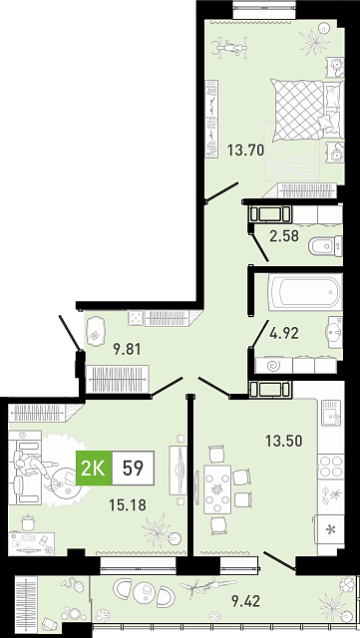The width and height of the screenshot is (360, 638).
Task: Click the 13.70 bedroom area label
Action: (245, 151)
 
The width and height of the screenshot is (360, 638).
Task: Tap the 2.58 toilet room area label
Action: (284, 235)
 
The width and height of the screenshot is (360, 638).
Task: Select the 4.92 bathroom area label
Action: (284, 333)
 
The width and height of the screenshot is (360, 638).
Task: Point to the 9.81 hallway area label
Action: (127, 349)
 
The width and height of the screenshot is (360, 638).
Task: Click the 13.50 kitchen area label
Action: (284, 441)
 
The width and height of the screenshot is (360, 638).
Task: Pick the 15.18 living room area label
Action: (128, 505)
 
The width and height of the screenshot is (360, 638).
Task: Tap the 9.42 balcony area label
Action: (245, 600)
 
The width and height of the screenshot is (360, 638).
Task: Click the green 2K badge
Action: (94, 468)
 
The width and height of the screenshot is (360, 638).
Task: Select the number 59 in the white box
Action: (134, 468)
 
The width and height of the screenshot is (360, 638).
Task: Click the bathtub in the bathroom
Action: (305, 292)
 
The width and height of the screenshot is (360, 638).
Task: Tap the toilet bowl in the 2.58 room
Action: (325, 246)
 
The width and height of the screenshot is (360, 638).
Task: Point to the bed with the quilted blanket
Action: (307, 110)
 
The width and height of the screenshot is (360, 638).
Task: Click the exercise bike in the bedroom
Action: (230, 47)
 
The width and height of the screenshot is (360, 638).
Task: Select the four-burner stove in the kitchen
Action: (331, 467)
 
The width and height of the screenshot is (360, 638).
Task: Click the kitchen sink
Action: (331, 412)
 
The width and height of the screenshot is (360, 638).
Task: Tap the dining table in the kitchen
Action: (217, 489)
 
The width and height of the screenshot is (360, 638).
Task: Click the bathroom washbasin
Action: (334, 332)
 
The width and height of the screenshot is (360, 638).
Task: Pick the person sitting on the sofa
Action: (32, 465)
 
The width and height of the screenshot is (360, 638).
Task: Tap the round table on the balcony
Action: (144, 589)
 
